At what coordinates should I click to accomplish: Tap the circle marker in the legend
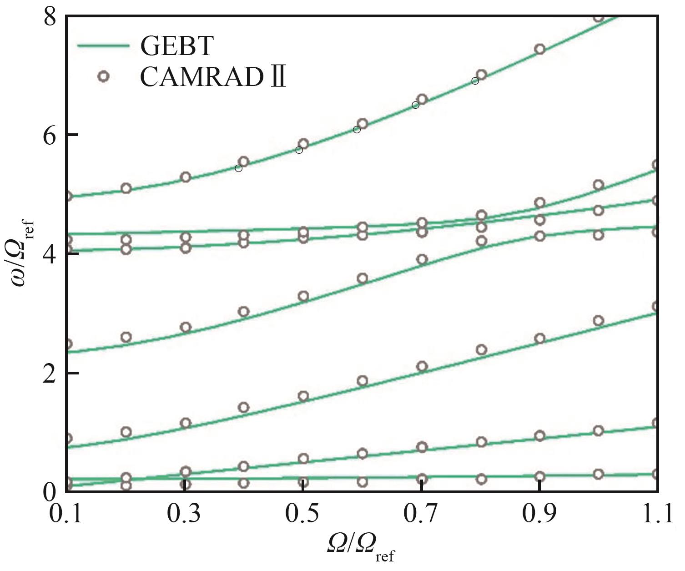[x=104, y=76]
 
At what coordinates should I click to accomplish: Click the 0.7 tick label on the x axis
[x=422, y=514]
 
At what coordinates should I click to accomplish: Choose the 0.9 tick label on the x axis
[x=539, y=514]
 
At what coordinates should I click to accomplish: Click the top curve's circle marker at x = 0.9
[x=539, y=49]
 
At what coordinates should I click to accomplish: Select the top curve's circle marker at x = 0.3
[x=185, y=177]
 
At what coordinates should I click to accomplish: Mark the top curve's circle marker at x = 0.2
[x=126, y=188]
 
